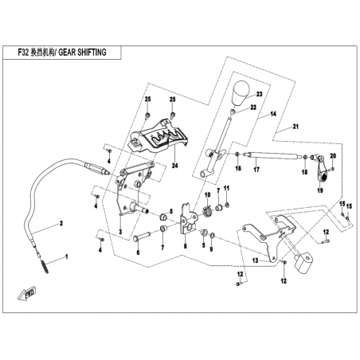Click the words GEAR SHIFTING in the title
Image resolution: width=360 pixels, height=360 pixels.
(x=82, y=53)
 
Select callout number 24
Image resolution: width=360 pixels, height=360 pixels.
(x=174, y=166)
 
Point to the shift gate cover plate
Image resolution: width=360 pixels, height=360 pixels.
(x=158, y=138)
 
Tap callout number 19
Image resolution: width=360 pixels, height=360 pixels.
(x=320, y=190)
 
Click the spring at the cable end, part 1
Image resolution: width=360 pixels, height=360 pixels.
(x=45, y=266)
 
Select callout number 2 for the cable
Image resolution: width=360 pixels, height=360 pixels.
(x=61, y=223)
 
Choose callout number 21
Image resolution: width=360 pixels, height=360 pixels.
(x=295, y=127)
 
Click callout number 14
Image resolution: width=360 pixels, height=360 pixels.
(x=273, y=114)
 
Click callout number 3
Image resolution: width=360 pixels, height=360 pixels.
(x=120, y=232)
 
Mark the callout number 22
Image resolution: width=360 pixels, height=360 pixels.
(x=253, y=108)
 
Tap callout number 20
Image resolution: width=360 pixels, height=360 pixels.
(x=333, y=156)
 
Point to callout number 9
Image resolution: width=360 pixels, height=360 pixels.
(x=211, y=249)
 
